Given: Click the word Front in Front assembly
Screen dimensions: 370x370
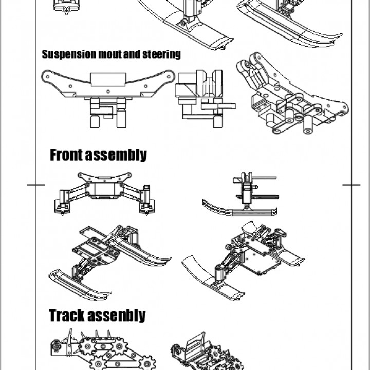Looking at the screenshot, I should click(67, 155).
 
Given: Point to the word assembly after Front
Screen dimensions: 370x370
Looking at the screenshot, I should click(117, 155).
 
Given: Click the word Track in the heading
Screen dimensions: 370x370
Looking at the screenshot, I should click(67, 315).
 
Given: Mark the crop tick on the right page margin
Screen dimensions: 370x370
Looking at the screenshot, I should click(351, 184).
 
